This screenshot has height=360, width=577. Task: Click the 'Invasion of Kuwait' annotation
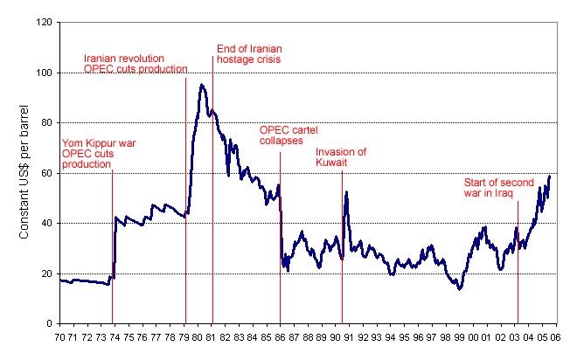(341, 156)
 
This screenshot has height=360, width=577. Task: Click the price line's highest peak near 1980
(202, 84)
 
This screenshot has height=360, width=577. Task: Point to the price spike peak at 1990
(347, 192)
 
